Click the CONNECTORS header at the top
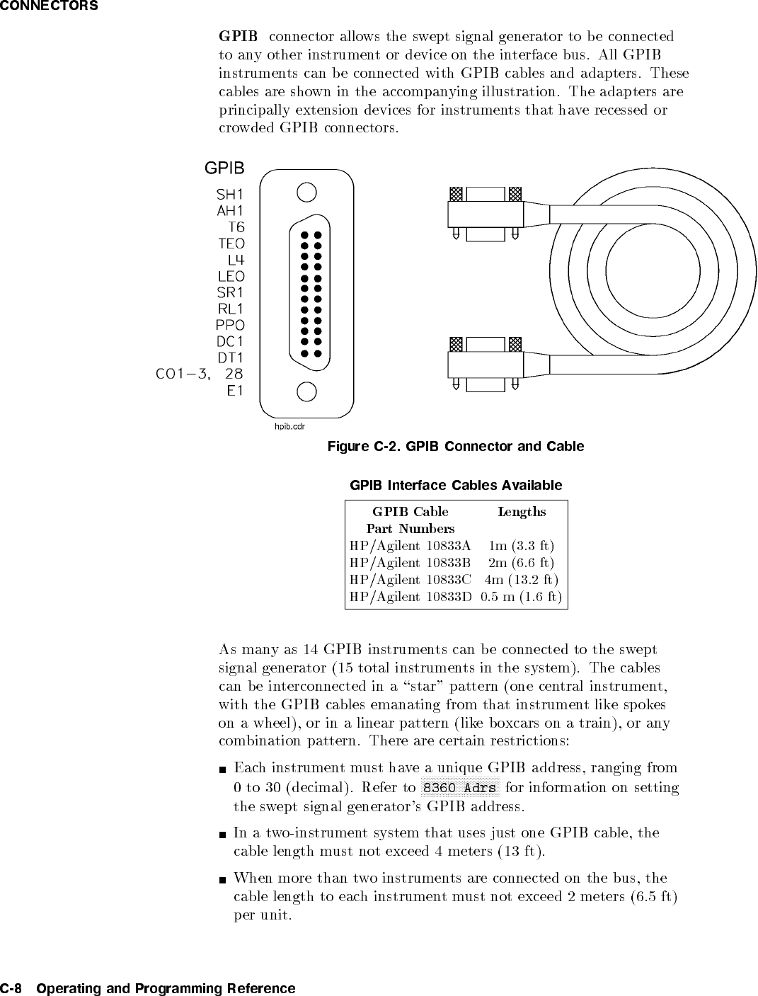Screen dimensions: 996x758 (49, 6)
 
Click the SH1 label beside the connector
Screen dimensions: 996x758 (230, 194)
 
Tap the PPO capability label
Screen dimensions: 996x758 (230, 325)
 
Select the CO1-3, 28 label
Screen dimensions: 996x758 (200, 374)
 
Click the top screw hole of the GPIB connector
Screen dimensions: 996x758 (306, 192)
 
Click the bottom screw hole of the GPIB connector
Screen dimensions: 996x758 (306, 391)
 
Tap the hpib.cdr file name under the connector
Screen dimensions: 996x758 (289, 427)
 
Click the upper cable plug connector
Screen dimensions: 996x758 (486, 213)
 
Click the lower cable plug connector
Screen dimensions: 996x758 (486, 364)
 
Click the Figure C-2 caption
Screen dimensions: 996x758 (456, 447)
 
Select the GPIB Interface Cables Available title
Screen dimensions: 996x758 (456, 486)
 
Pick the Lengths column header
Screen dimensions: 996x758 (522, 512)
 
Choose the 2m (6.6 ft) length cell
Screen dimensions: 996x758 (522, 563)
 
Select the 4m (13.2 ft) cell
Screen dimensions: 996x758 (522, 580)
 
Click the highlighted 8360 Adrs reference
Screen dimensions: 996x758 (460, 788)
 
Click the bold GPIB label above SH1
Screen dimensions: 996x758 (224, 168)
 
